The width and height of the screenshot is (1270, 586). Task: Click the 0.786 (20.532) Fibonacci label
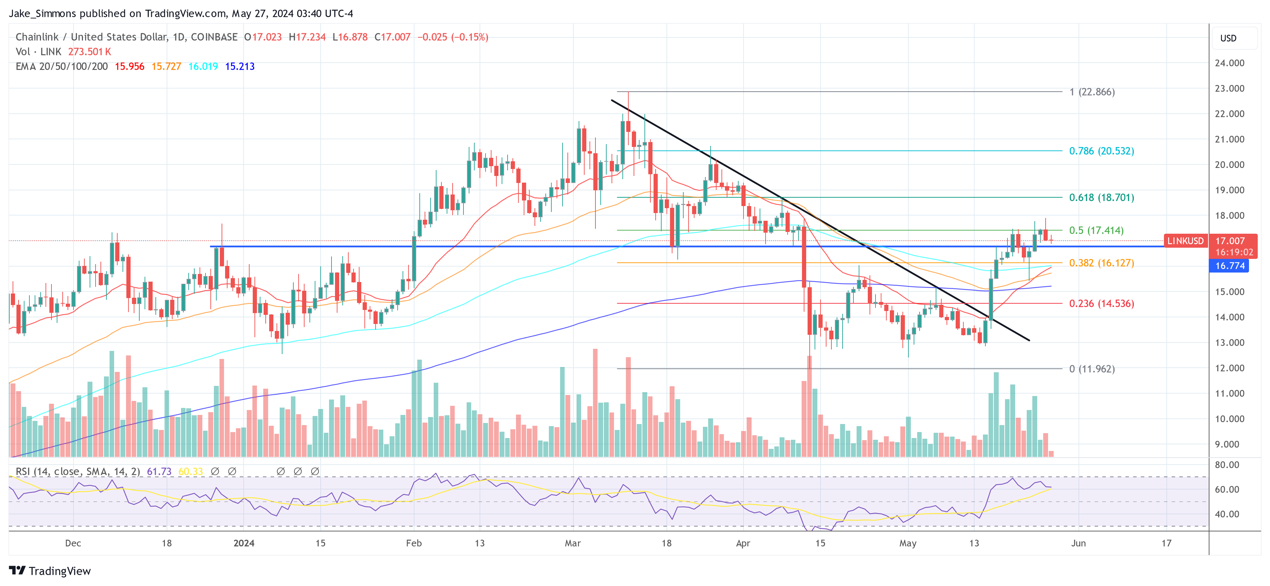coord(1101,151)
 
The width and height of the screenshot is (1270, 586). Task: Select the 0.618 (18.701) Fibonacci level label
coord(1101,198)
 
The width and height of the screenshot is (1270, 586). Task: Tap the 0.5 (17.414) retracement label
coord(1096,230)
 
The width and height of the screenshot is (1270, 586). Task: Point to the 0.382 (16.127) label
coord(1101,263)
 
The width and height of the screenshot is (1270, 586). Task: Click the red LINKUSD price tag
coord(1185,241)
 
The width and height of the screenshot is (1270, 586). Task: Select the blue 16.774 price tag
coord(1230,266)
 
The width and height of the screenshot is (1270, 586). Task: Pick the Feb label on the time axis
coord(414,543)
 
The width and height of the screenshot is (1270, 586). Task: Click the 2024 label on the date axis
coord(244,543)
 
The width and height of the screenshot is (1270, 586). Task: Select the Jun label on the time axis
coord(1078,543)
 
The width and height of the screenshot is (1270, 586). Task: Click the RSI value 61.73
coord(159,472)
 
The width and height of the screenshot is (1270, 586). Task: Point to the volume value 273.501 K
coord(89,52)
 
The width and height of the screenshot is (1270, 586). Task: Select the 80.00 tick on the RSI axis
coord(1227,465)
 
